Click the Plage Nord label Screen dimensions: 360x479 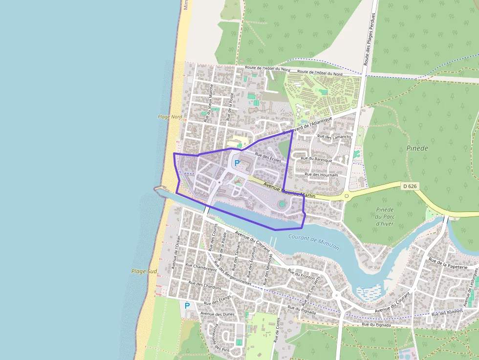click(x=170, y=117)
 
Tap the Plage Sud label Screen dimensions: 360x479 click(x=144, y=271)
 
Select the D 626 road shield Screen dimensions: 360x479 click(x=410, y=186)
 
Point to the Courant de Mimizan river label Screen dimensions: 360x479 click(x=313, y=241)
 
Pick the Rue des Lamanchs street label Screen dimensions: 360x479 click(x=334, y=137)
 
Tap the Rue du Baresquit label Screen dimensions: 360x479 click(x=316, y=159)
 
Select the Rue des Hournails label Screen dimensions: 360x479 click(x=321, y=174)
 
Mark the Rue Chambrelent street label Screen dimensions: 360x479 click(x=200, y=268)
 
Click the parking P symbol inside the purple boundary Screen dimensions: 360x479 click(x=237, y=163)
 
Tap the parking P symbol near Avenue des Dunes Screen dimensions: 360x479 click(x=187, y=306)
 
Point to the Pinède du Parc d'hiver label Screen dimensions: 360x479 click(x=385, y=216)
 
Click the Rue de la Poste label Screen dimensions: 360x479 click(x=231, y=106)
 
